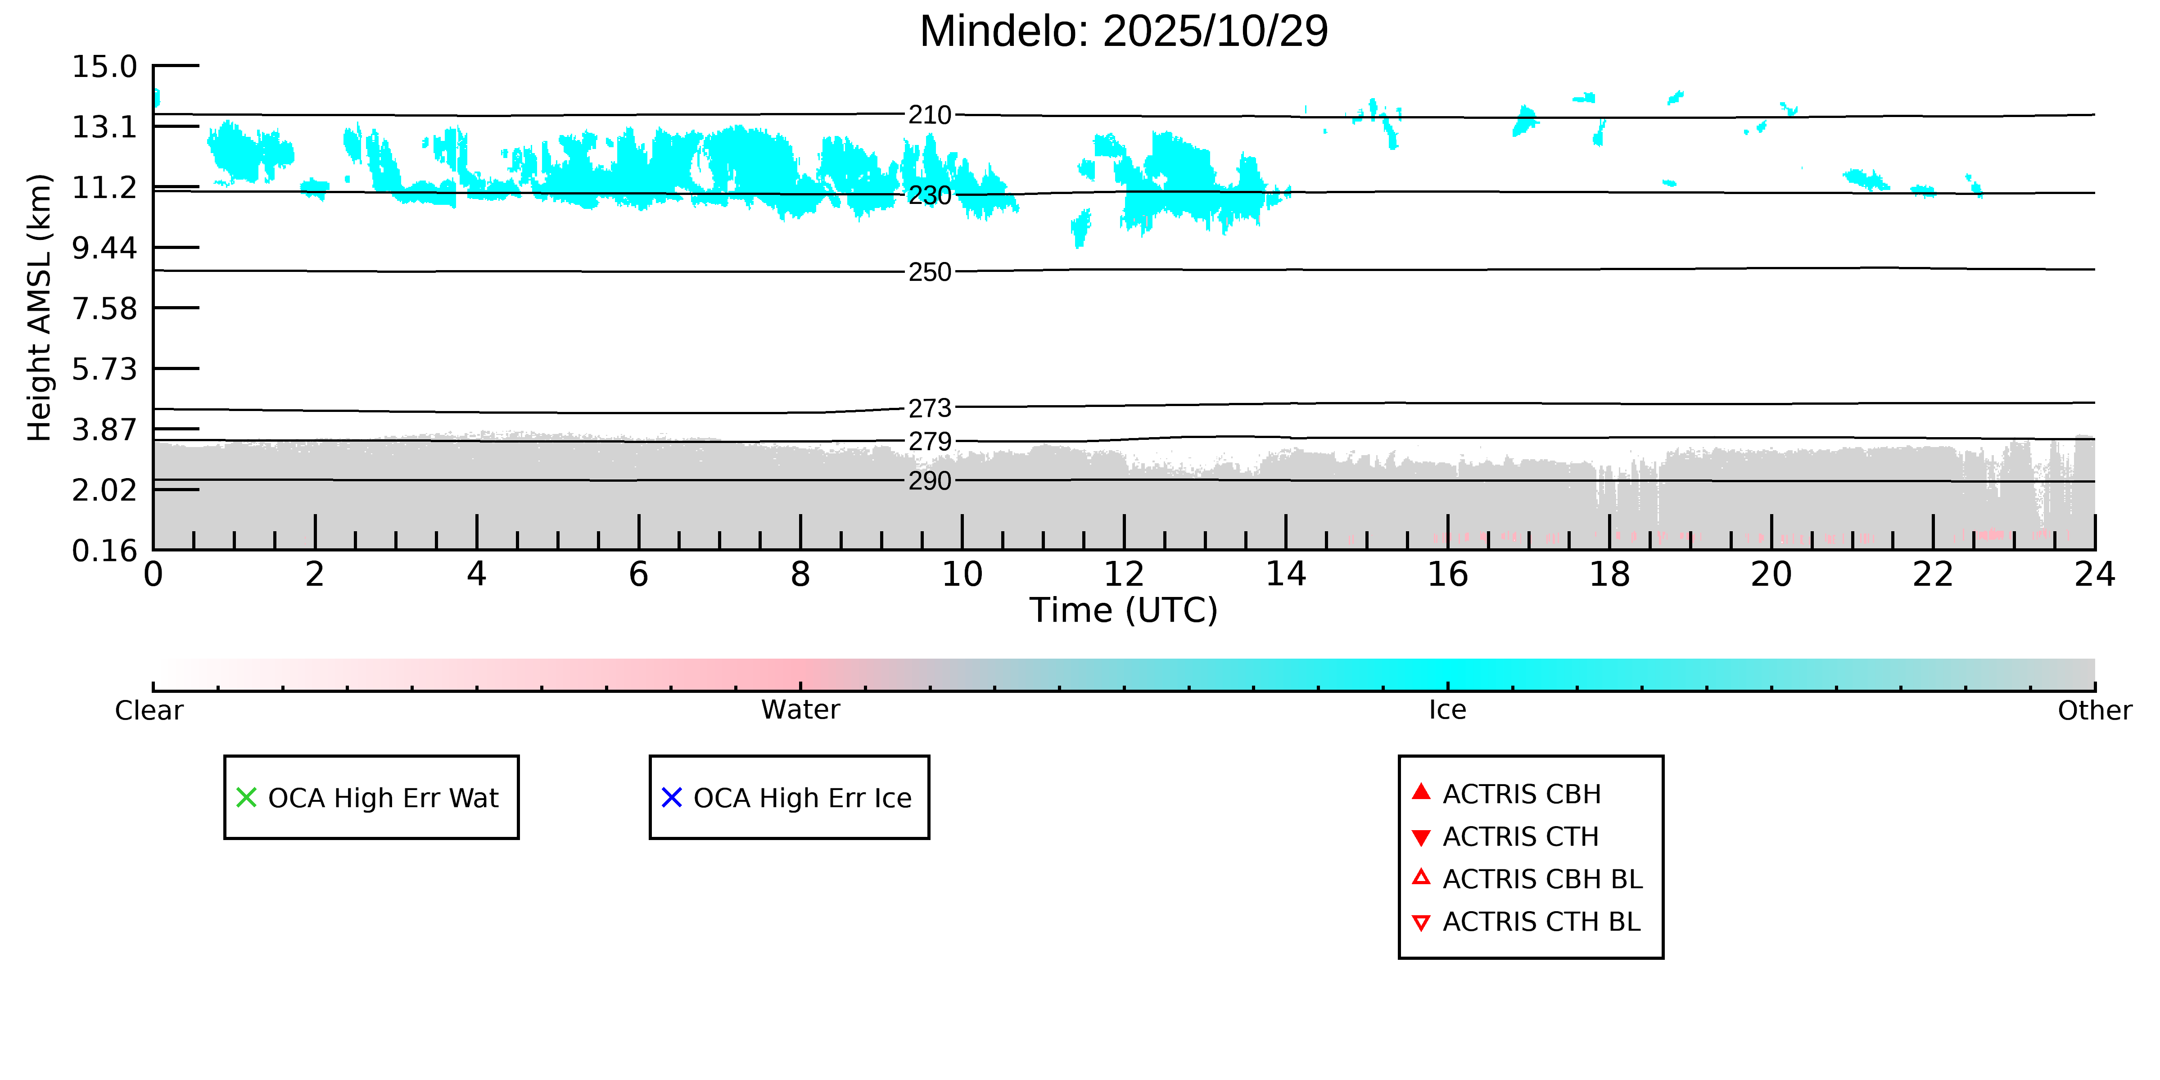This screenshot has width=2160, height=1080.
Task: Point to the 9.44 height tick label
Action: [x=104, y=248]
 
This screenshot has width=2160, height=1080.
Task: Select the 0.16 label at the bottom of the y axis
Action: [x=104, y=551]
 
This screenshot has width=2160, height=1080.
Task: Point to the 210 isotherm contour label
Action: [x=930, y=115]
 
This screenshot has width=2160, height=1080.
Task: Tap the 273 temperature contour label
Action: [x=930, y=408]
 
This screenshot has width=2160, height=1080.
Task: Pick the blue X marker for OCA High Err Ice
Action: [x=672, y=797]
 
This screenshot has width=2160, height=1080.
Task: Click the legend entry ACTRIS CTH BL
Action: [x=1541, y=922]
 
